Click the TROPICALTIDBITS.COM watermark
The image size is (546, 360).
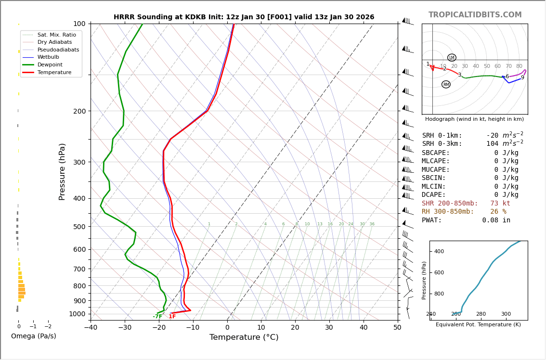coord(475,15)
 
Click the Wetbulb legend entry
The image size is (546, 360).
coord(48,57)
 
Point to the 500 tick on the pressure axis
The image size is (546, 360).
coord(79,227)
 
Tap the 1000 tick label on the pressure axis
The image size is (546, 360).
coord(77,314)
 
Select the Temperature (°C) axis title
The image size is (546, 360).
coord(244,337)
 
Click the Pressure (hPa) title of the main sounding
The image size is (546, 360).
coord(63,171)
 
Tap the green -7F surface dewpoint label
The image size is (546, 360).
coord(157,317)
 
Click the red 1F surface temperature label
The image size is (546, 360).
coord(172,317)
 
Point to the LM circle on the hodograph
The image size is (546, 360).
coord(452,58)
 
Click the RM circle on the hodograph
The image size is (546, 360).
coord(446,85)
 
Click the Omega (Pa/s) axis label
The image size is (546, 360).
coord(34,336)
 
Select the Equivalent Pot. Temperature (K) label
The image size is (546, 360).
coord(478,325)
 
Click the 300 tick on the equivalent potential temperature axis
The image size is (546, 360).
coord(506,314)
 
